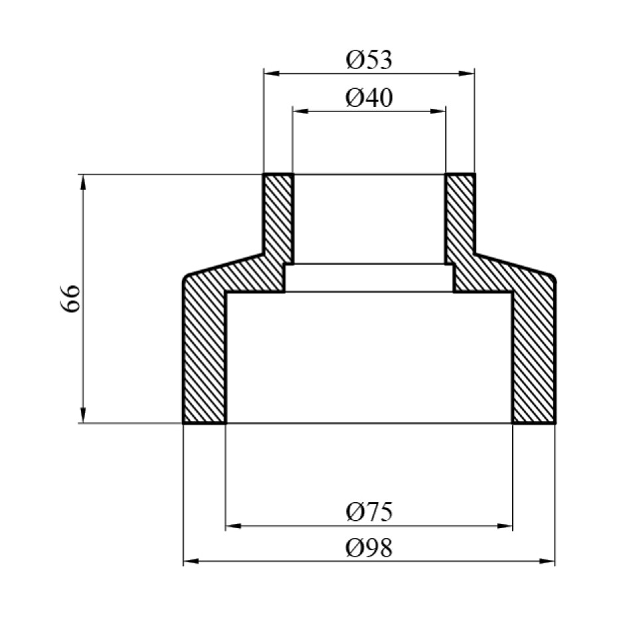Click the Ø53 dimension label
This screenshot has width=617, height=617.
[x=369, y=60]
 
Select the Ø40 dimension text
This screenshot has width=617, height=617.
[x=369, y=98]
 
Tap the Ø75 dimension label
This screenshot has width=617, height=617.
[x=369, y=512]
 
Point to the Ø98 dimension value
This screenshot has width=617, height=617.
[x=369, y=548]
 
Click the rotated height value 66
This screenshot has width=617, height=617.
[x=71, y=299]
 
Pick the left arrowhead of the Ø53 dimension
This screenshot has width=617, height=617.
[x=271, y=73]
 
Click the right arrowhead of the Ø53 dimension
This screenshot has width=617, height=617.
[x=466, y=73]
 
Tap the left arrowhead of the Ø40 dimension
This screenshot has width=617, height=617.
[x=301, y=111]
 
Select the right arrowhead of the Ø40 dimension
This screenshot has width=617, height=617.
[x=438, y=111]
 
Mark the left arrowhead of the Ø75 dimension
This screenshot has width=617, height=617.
[x=234, y=526]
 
